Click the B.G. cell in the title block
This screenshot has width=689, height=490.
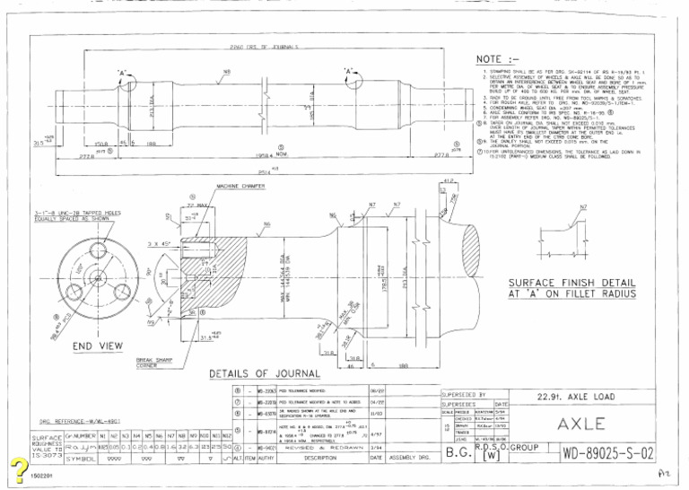455,455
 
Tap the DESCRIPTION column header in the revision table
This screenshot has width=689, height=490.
318,458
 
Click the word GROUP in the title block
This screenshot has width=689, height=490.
526,445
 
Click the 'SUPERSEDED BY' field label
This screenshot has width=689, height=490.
464,395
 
